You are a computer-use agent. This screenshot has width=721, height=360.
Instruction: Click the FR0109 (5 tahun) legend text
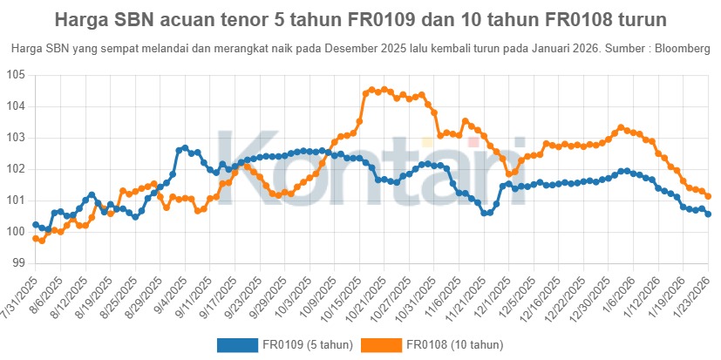point(307,345)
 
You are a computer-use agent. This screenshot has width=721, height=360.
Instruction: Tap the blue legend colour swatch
point(237,345)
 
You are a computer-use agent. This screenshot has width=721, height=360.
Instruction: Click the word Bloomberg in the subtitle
point(684,49)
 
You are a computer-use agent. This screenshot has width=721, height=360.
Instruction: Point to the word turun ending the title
point(640,18)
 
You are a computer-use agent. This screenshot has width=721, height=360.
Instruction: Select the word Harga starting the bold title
point(79,18)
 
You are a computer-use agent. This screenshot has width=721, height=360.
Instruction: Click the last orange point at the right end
point(708,196)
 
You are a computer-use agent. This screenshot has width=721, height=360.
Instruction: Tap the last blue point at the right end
point(708,214)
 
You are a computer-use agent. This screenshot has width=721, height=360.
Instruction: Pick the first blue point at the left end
point(36,225)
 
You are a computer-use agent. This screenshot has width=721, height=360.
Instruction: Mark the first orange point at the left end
point(36,238)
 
